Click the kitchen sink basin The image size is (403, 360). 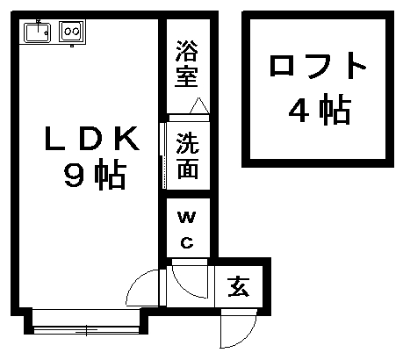[x=38, y=32]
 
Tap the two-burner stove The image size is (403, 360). [x=72, y=31]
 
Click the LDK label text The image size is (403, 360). [x=91, y=139]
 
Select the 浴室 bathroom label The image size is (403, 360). [x=187, y=64]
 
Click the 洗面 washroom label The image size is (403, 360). [x=188, y=156]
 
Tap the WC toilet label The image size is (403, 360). [x=187, y=230]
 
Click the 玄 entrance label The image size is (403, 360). [x=238, y=286]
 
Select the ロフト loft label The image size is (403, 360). [x=318, y=66]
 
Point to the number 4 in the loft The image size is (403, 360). [x=299, y=111]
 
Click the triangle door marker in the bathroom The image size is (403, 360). [x=199, y=105]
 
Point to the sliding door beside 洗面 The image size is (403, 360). [x=164, y=155]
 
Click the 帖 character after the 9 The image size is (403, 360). [x=110, y=175]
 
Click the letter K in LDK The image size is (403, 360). [x=126, y=139]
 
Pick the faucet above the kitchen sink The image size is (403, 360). [x=39, y=25]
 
